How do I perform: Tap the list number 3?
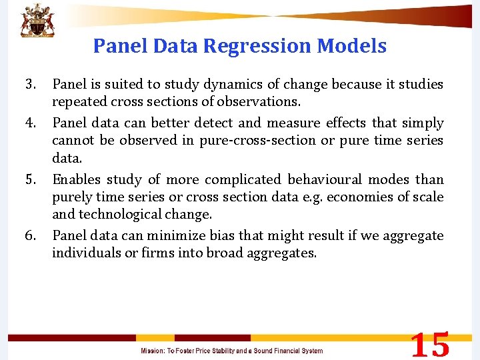pyautogui.click(x=30, y=85)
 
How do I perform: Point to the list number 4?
pyautogui.click(x=30, y=123)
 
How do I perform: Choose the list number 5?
pyautogui.click(x=30, y=180)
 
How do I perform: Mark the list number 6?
pyautogui.click(x=30, y=236)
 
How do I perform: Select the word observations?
pyautogui.click(x=262, y=103)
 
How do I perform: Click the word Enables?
pyautogui.click(x=75, y=180)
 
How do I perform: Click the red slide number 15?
pyautogui.click(x=429, y=345)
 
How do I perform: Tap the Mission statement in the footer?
pyautogui.click(x=231, y=351)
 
